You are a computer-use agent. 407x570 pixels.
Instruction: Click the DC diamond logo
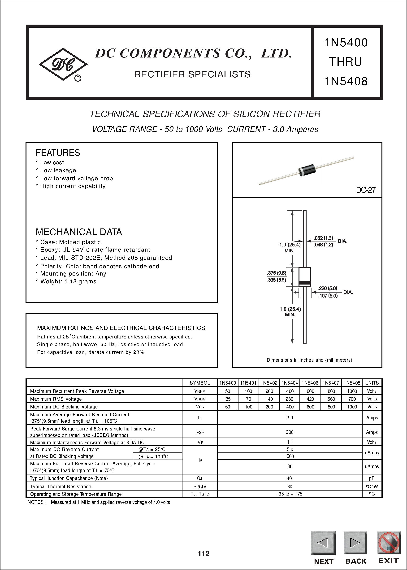[x=63, y=64]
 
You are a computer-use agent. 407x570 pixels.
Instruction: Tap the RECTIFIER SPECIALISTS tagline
[x=192, y=75]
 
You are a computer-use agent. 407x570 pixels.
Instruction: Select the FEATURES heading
[x=58, y=153]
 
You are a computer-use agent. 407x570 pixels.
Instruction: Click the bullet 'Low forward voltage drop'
[x=76, y=178]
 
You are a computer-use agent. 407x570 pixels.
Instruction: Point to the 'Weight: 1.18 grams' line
[x=68, y=281]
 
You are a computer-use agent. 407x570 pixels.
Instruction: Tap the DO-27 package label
[x=365, y=190]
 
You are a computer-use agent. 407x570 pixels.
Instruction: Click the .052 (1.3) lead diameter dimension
[x=323, y=238]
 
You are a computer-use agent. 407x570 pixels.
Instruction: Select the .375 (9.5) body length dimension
[x=277, y=273]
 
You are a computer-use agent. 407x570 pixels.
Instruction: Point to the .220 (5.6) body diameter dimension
[x=328, y=288]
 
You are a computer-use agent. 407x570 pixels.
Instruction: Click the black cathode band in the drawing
[x=305, y=283]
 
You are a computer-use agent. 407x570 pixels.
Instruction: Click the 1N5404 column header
[x=290, y=383]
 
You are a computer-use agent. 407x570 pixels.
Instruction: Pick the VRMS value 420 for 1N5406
[x=310, y=399]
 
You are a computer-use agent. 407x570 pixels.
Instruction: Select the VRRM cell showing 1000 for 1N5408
[x=352, y=391]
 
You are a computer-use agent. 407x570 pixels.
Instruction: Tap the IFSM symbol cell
[x=200, y=432]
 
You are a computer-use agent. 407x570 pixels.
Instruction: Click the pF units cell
[x=372, y=478]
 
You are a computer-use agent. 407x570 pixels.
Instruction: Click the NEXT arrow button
[x=323, y=543]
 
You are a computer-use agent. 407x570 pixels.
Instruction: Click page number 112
[x=203, y=553]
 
